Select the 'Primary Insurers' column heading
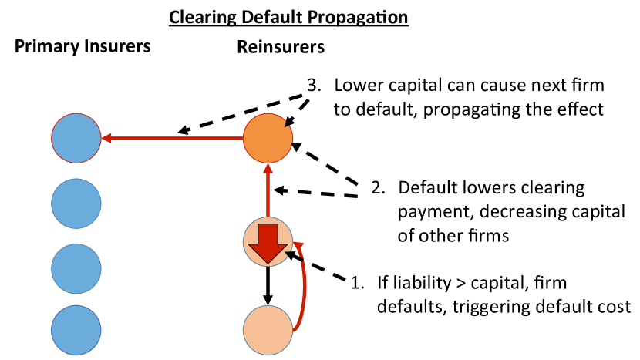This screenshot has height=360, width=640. point(83,47)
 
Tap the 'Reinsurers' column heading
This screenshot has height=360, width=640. point(281,47)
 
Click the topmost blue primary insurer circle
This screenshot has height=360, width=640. point(76,139)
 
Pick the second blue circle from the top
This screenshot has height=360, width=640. point(76,203)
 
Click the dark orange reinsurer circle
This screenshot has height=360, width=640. point(268,139)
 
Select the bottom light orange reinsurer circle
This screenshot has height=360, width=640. point(268,329)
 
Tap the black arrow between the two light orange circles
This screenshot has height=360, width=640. point(268,285)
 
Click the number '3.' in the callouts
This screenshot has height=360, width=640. point(314,86)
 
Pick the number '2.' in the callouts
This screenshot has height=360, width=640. point(378,187)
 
